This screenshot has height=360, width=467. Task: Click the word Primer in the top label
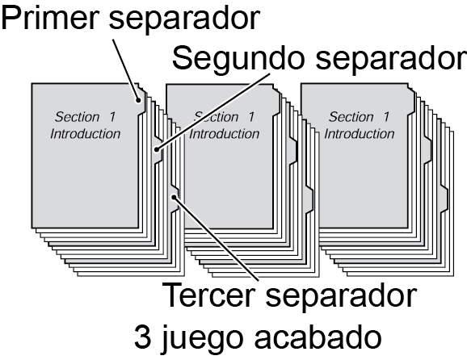pos(50,18)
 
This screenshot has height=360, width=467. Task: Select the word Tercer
pos(209,295)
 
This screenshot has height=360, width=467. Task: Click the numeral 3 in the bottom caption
pos(142,337)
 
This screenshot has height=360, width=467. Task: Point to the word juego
pos(200,340)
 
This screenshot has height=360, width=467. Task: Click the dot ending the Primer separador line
pos(138,100)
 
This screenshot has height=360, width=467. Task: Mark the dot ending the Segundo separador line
pos(157,149)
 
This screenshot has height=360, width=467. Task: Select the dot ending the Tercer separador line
pos(174,197)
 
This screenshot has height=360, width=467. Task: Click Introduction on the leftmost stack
pos(85,134)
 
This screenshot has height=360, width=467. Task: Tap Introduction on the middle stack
pos(225,134)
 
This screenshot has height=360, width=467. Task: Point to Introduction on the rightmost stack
pos(360,134)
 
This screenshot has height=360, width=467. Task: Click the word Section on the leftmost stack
pos(77,117)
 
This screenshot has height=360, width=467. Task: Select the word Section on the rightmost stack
pos(351,117)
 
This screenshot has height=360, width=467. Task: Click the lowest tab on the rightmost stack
pos(444,199)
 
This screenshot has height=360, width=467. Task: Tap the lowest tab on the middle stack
pos(309,199)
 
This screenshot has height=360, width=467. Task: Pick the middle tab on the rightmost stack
pos(427,149)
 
